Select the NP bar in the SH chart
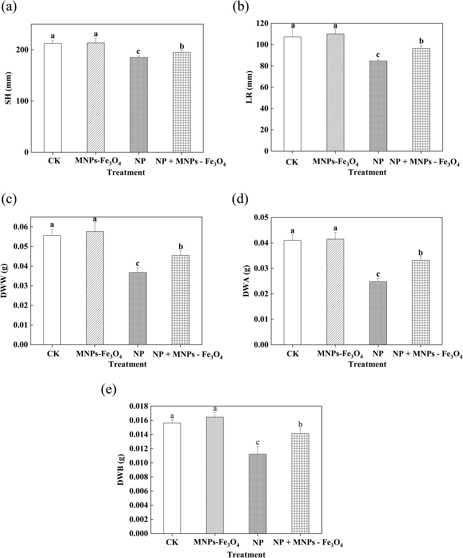point(138,105)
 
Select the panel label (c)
point(9,199)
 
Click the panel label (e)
point(109,390)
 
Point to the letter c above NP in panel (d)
point(378,274)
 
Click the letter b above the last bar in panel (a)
point(182,46)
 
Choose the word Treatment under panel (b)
point(367,172)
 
